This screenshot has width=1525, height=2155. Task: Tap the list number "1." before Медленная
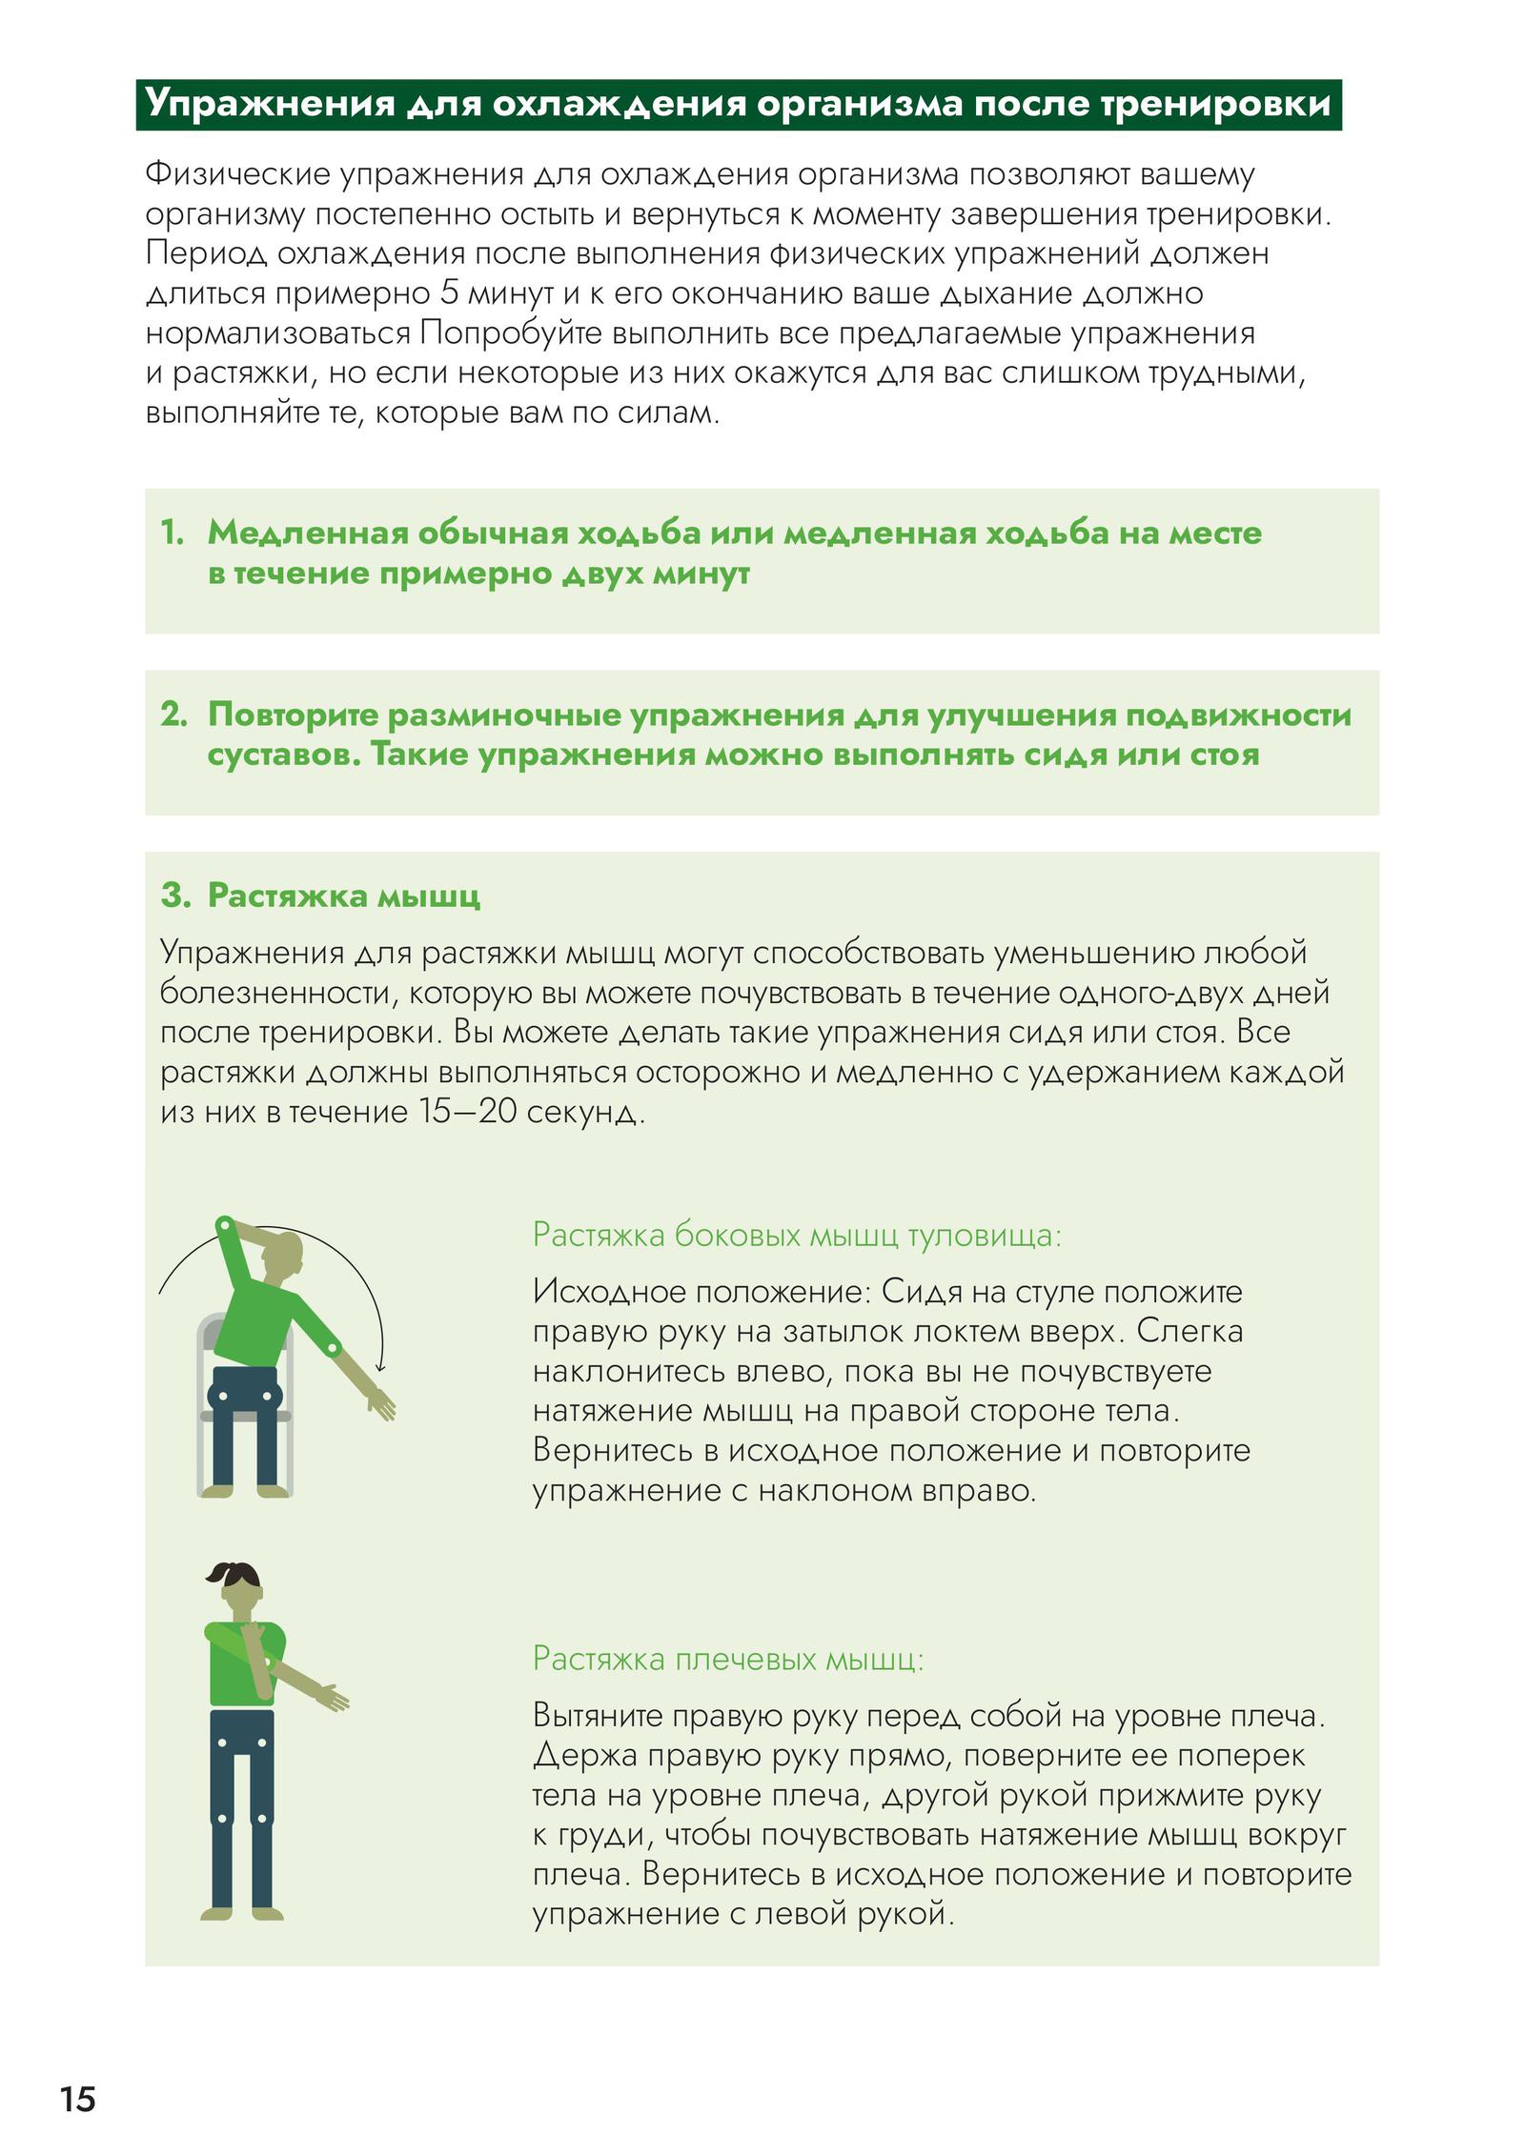(173, 533)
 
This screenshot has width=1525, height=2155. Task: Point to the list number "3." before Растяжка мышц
(176, 895)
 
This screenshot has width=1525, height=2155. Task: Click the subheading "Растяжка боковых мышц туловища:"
(797, 1235)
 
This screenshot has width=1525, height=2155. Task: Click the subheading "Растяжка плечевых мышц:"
(728, 1659)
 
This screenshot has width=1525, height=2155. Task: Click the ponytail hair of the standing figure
(232, 1573)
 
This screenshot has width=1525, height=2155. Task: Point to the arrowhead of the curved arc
(380, 1365)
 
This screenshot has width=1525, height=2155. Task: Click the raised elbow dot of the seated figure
(225, 1224)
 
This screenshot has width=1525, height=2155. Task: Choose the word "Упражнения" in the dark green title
(269, 104)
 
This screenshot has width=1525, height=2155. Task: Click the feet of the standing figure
(242, 1914)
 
